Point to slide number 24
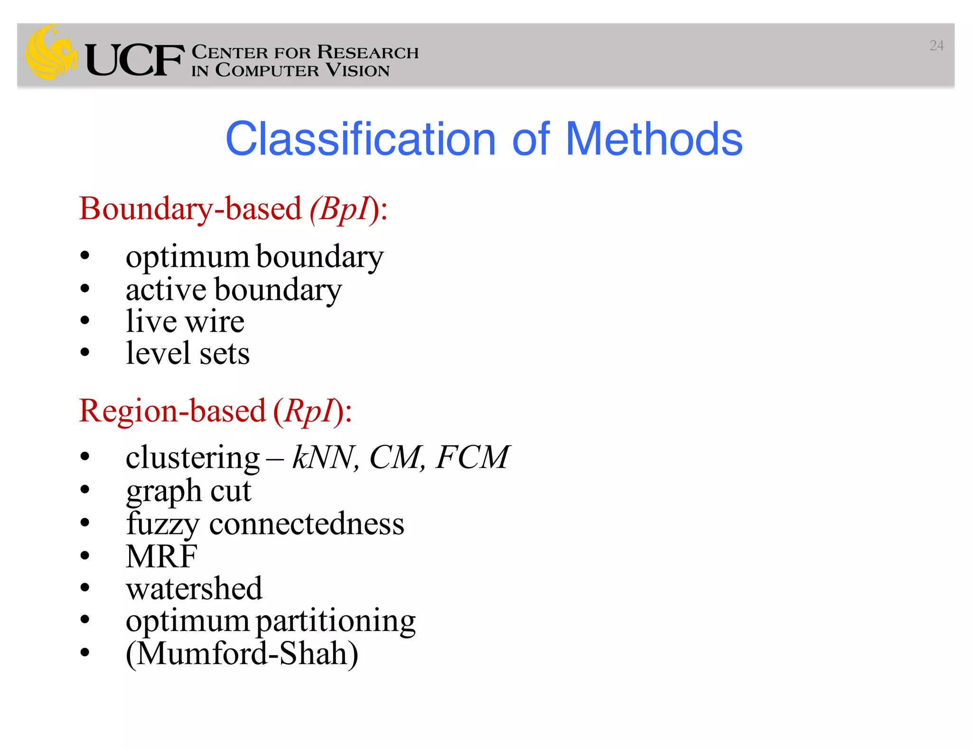[936, 46]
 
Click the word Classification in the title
[360, 139]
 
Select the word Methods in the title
[654, 139]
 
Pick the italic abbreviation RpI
[309, 411]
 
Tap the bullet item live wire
[185, 321]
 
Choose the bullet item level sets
[187, 354]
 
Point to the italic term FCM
[472, 457]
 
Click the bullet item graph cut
[188, 491]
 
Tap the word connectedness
[307, 524]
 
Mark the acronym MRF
[161, 556]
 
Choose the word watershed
[194, 588]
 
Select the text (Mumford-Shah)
[242, 654]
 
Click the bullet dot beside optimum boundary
[85, 256]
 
